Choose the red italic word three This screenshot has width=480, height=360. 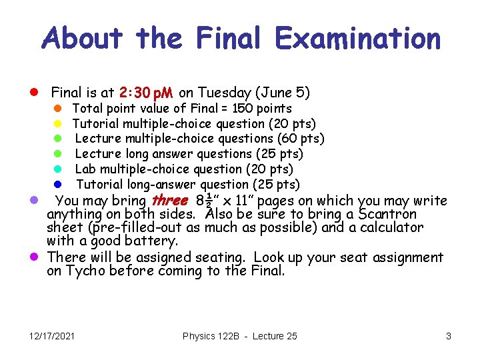[171, 201]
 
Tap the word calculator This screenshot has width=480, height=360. [392, 227]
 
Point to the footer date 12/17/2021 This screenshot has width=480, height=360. [51, 336]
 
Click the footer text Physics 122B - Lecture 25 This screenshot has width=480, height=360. [239, 336]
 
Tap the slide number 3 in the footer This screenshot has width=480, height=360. [449, 336]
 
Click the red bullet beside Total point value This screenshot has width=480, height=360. [58, 108]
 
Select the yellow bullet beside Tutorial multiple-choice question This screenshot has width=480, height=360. [58, 123]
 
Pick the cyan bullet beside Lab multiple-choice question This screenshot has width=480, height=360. [58, 169]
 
